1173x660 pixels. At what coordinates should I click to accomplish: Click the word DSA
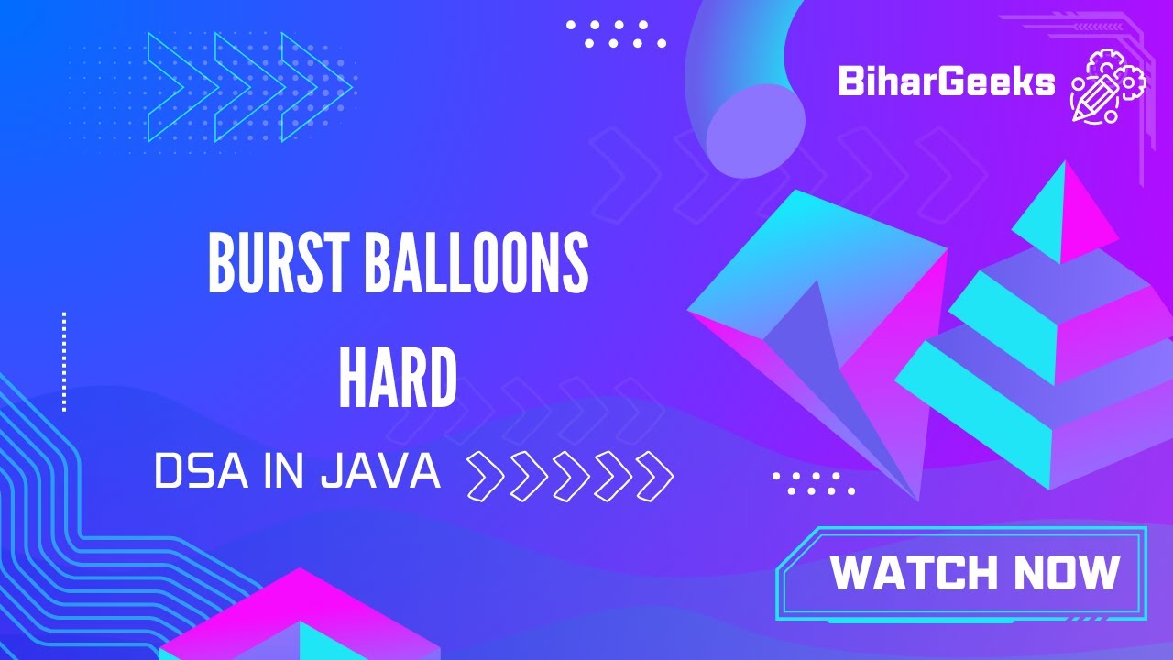(195, 473)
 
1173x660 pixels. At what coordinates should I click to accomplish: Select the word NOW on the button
(1066, 573)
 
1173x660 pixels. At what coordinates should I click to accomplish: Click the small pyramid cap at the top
(1063, 215)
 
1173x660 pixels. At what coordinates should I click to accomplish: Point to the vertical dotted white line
(64, 361)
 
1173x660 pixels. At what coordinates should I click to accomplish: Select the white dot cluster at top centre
(616, 34)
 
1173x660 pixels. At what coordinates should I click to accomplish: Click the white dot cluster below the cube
(814, 483)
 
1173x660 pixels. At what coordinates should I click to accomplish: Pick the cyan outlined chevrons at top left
(247, 87)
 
